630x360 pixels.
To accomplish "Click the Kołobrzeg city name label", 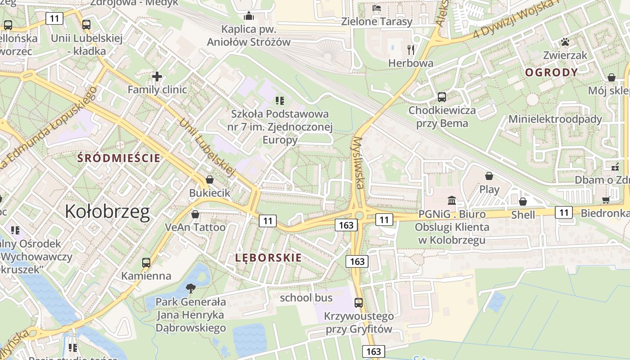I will point(107,211).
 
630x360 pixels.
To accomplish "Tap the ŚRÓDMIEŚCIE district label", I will point(119,158).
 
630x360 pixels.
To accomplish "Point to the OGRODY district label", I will point(551,72).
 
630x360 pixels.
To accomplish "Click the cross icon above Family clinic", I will point(157,76).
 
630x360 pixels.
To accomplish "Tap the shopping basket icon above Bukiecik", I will point(210,180).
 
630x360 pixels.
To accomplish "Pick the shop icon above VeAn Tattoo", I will point(195,214).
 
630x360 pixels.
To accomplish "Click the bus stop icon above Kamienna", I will point(146,263).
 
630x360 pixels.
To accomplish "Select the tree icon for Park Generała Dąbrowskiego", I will point(191,288).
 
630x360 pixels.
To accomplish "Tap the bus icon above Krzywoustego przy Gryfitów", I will point(359,303).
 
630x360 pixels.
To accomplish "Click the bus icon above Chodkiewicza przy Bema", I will point(442,97).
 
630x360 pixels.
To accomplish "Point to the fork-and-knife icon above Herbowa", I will point(410,49).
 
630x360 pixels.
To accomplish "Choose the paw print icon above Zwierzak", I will point(565,42).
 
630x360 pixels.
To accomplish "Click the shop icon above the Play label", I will point(489,176).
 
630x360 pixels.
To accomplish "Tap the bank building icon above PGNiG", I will point(452,200).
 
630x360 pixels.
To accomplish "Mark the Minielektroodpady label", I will point(555,119).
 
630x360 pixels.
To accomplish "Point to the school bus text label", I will point(306,297).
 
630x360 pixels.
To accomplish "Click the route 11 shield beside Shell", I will point(564,212).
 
